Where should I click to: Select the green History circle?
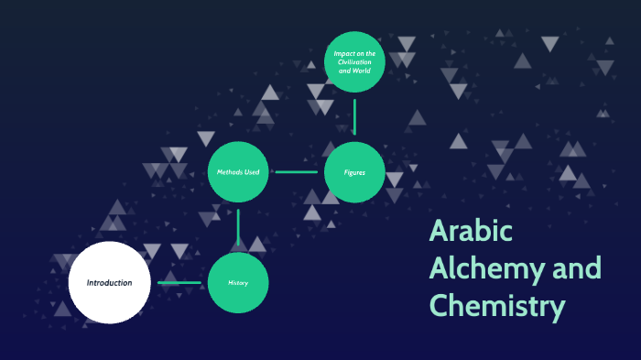238,282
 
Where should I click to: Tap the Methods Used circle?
238,171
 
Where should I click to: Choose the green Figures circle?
354,171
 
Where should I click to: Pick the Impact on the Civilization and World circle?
354,61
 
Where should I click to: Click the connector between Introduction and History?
179,282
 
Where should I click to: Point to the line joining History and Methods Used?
238,227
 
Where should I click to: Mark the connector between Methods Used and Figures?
296,171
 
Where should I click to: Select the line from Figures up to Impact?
354,116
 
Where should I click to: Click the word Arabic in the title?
471,233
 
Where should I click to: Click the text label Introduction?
109,282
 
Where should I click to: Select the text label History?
238,282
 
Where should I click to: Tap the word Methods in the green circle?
229,172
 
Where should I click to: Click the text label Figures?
354,172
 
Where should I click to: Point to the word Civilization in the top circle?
354,61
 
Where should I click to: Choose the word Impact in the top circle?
344,53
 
